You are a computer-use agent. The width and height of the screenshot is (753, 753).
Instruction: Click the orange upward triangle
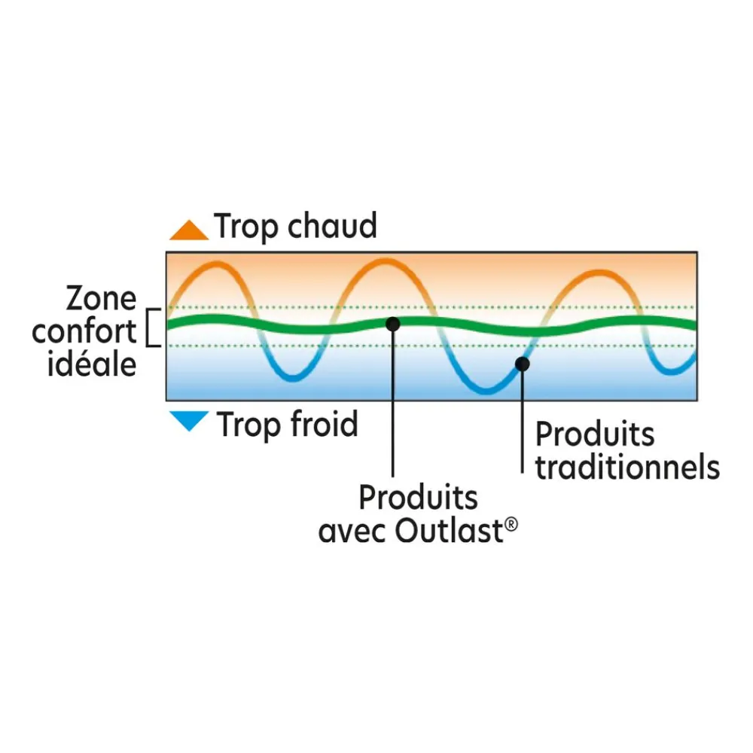click(x=189, y=231)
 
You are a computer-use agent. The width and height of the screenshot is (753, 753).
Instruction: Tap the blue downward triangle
click(x=189, y=419)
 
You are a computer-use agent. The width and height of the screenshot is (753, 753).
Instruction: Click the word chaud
click(x=332, y=226)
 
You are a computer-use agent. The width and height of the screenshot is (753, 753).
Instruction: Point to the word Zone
click(x=102, y=298)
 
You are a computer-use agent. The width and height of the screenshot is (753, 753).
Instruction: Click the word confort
click(x=84, y=331)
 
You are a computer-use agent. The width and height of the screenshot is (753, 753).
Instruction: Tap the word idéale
click(x=92, y=364)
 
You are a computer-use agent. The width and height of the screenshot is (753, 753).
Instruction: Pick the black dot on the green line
click(x=393, y=324)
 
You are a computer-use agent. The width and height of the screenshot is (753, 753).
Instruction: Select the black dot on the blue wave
click(x=523, y=364)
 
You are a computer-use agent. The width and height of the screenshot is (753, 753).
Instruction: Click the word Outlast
click(x=449, y=531)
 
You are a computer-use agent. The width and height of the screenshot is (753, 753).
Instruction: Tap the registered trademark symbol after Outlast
click(x=512, y=524)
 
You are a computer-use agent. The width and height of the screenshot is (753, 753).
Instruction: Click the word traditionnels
click(x=628, y=467)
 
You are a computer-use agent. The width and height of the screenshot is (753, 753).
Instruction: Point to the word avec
click(x=353, y=532)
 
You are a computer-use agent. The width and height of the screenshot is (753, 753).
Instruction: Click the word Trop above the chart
click(x=246, y=227)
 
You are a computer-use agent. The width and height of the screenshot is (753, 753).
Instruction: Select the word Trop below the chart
click(x=248, y=425)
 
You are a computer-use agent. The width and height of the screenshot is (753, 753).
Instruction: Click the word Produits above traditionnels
click(x=595, y=434)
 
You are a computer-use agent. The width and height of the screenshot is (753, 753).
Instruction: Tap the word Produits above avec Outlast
click(x=418, y=497)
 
